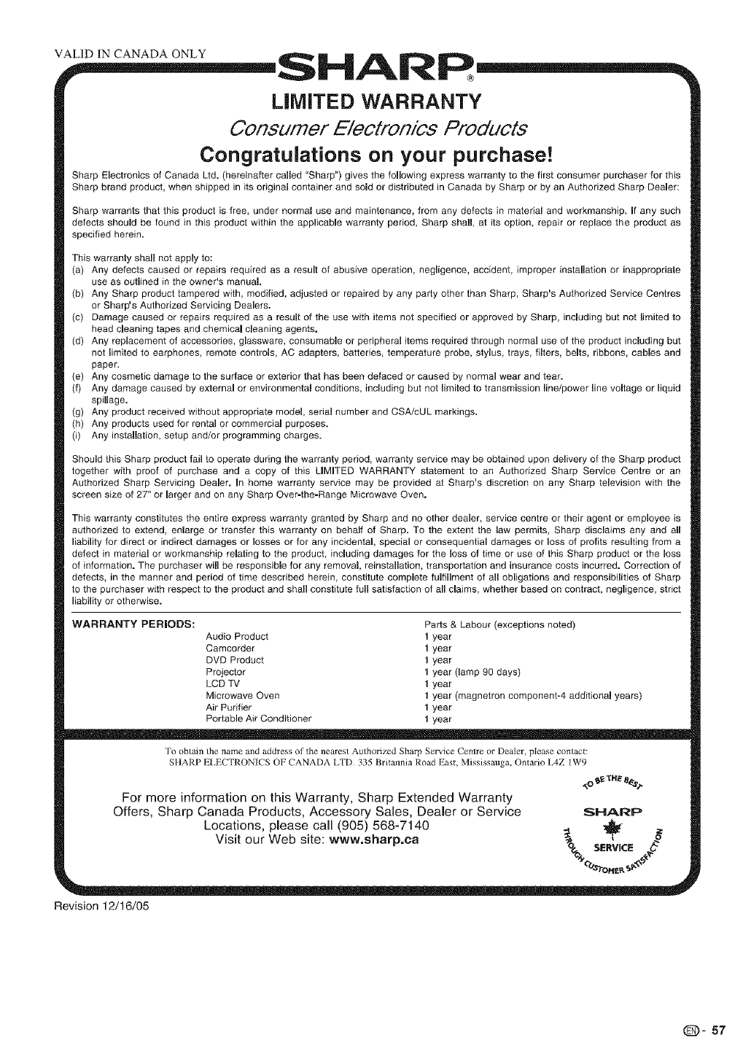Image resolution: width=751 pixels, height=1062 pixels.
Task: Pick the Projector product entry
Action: pyautogui.click(x=226, y=672)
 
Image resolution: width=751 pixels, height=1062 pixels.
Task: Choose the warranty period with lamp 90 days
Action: pyautogui.click(x=472, y=672)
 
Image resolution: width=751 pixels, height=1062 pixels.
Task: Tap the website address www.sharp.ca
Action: pyautogui.click(x=371, y=839)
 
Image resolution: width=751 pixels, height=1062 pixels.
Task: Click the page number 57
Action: pyautogui.click(x=719, y=1031)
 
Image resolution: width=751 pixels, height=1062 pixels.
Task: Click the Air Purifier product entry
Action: pyautogui.click(x=229, y=707)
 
